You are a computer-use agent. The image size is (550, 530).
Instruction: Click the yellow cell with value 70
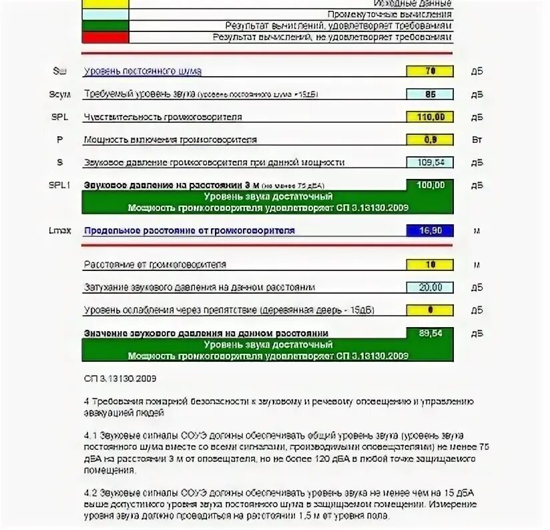pyautogui.click(x=430, y=71)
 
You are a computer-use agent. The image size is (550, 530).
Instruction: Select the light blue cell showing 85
pyautogui.click(x=430, y=94)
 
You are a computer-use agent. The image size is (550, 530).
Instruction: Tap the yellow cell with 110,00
pyautogui.click(x=430, y=117)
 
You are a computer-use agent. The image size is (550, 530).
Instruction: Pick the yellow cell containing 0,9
pyautogui.click(x=430, y=140)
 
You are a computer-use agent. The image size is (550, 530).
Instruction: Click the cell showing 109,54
pyautogui.click(x=430, y=162)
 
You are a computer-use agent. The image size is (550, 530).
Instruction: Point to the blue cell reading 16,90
pyautogui.click(x=430, y=231)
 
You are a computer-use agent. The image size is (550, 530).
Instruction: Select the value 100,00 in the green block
pyautogui.click(x=430, y=185)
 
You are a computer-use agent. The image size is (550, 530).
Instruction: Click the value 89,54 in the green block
pyautogui.click(x=430, y=332)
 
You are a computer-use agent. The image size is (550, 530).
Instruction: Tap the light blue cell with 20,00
pyautogui.click(x=430, y=287)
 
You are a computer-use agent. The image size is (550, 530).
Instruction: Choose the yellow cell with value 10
pyautogui.click(x=430, y=264)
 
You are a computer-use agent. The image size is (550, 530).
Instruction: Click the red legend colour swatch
pyautogui.click(x=105, y=37)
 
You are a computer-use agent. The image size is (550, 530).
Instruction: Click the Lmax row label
pyautogui.click(x=59, y=231)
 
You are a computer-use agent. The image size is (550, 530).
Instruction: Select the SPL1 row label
pyautogui.click(x=59, y=186)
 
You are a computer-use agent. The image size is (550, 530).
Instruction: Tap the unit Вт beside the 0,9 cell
pyautogui.click(x=477, y=140)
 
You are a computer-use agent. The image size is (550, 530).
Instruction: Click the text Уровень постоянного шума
pyautogui.click(x=142, y=71)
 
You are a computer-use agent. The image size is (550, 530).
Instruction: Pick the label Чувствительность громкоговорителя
pyautogui.click(x=163, y=117)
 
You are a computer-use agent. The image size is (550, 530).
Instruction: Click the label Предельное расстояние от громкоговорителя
pyautogui.click(x=189, y=231)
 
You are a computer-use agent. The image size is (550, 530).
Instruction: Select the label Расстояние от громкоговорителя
pyautogui.click(x=155, y=264)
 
